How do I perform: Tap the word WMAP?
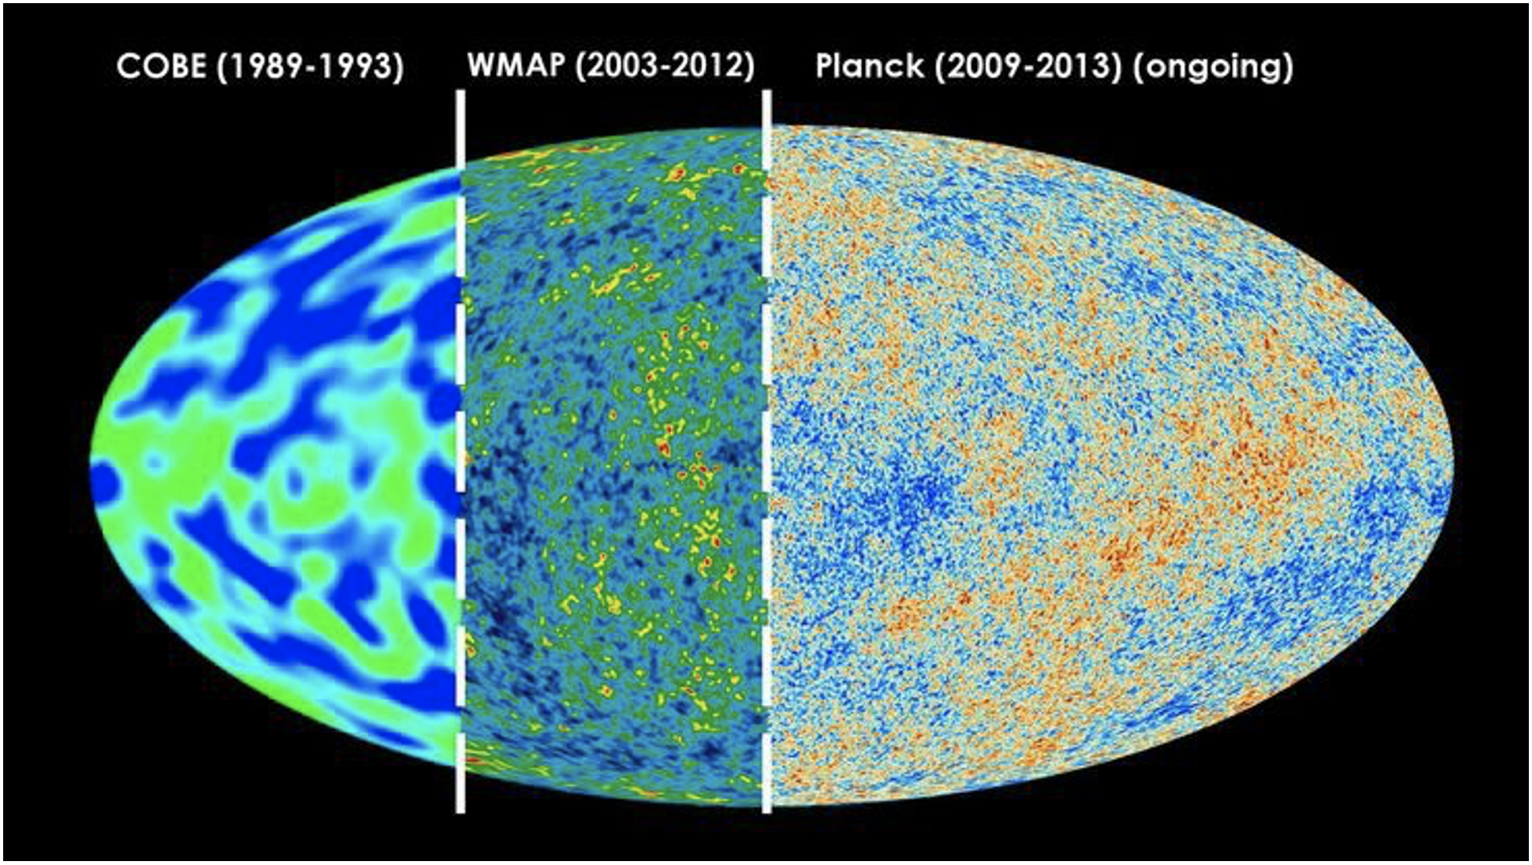pos(515,66)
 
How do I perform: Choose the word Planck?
pos(869,66)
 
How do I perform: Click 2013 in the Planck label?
pos(1072,66)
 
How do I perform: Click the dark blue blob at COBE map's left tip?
pos(104,482)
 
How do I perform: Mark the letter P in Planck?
pos(824,66)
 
